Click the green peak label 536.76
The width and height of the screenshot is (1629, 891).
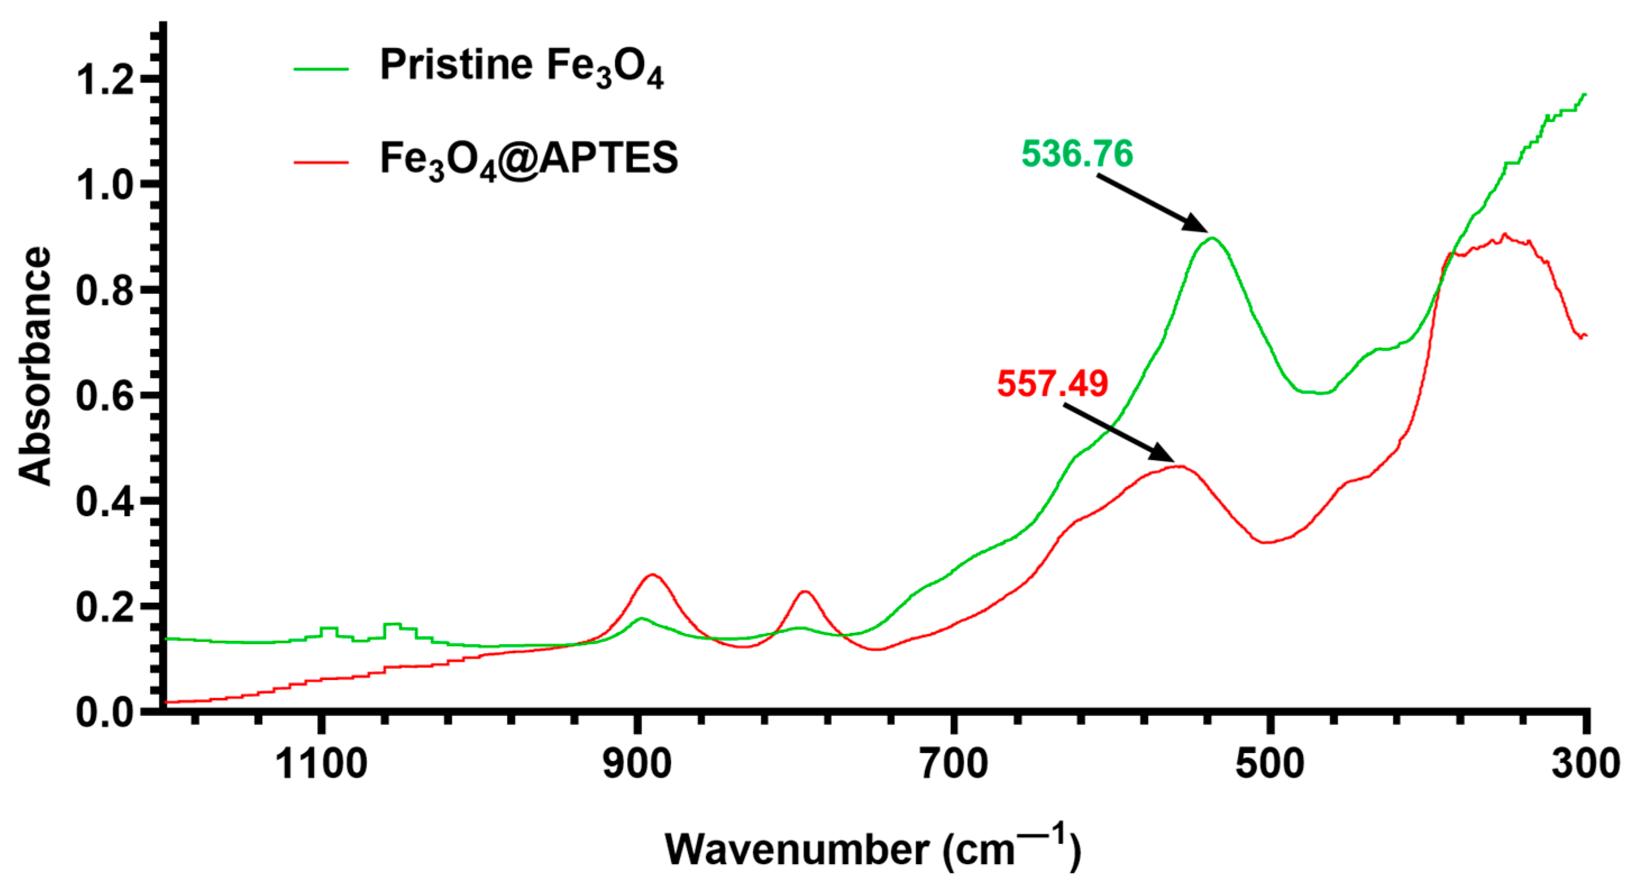(x=1077, y=154)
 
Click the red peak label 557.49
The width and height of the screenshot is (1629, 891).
(x=1053, y=384)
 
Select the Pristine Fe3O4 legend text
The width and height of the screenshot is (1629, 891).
(x=521, y=67)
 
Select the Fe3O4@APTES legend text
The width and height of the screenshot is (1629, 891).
(x=529, y=159)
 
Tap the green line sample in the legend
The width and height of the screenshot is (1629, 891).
(x=321, y=68)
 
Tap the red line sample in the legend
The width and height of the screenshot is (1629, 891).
(x=321, y=162)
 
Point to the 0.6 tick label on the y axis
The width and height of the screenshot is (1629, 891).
(x=105, y=396)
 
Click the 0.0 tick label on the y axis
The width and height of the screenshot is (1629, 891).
(x=105, y=712)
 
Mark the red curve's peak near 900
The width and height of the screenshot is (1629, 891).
(x=653, y=575)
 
